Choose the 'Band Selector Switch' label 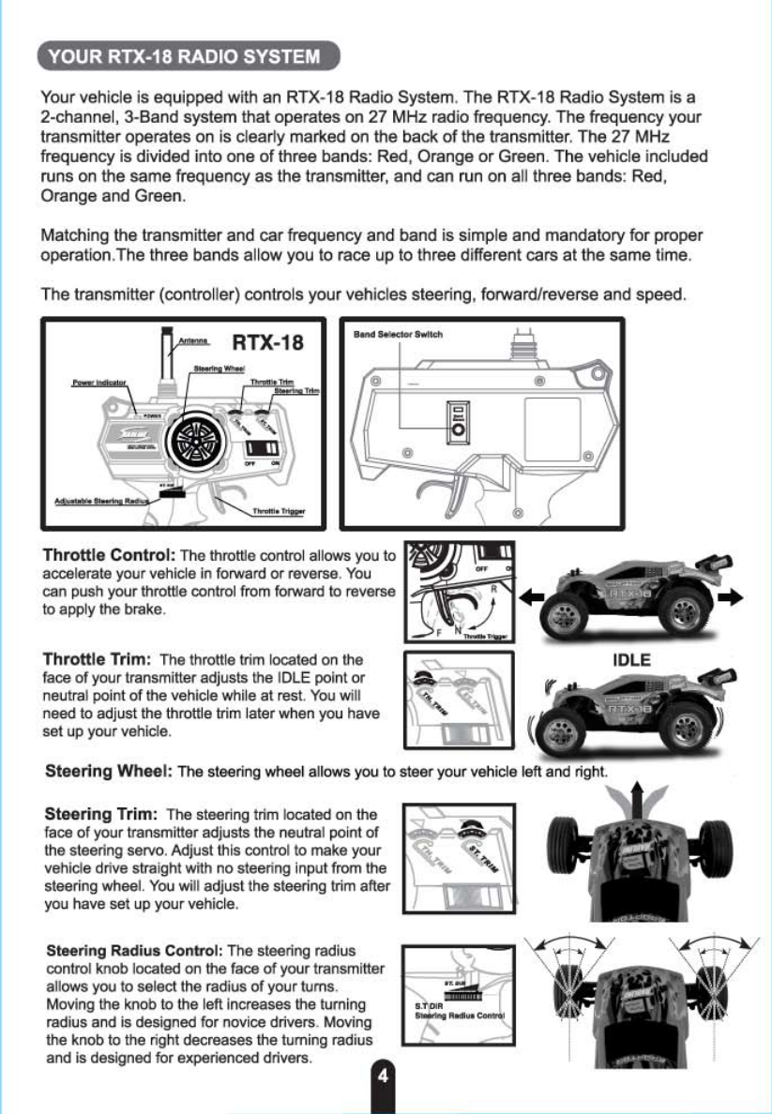tap(398, 335)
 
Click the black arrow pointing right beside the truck tap(738, 595)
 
